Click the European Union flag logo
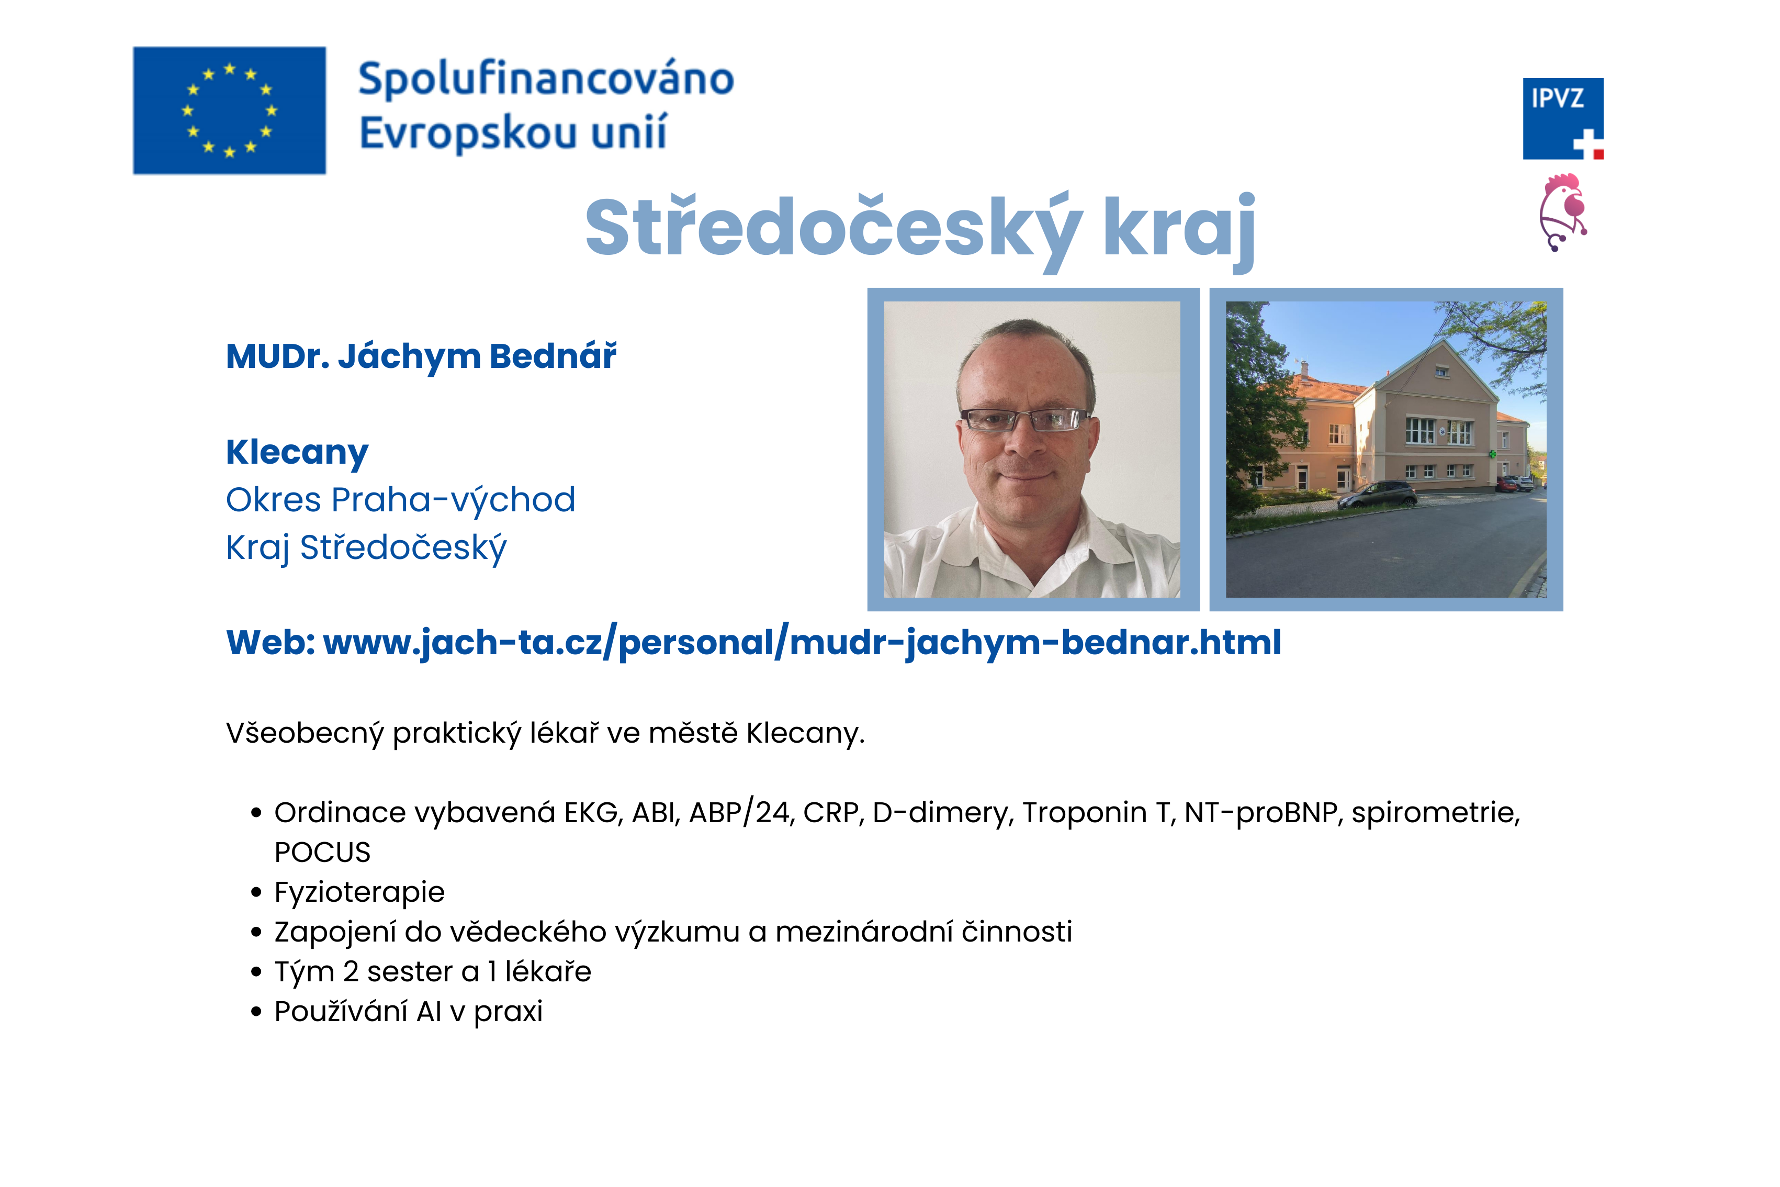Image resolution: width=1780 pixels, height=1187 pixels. pos(229,110)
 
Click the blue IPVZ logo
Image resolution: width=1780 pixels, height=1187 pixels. pos(1563,119)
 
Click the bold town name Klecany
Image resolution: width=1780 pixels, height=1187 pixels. pos(297,453)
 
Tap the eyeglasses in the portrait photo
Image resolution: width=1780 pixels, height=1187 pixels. pos(1026,419)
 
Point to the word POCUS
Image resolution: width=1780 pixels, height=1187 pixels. pos(322,853)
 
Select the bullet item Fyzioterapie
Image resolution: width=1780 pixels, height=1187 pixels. pos(359,892)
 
